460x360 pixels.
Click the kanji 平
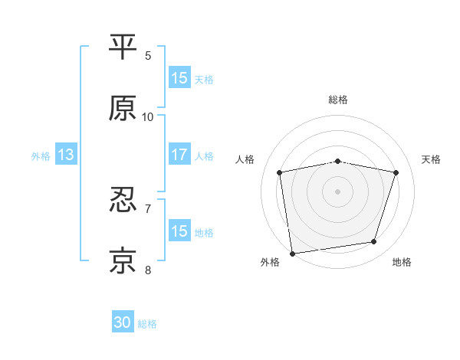(x=123, y=47)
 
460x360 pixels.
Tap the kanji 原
(x=123, y=109)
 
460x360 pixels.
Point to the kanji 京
(x=123, y=261)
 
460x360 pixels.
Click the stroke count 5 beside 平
(x=148, y=55)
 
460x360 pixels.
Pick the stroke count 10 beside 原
(x=148, y=116)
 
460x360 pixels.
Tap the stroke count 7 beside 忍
(x=148, y=208)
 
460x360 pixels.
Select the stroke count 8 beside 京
(x=148, y=269)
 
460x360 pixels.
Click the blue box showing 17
(x=179, y=155)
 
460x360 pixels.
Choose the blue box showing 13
(x=66, y=155)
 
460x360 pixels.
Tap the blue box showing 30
(x=123, y=323)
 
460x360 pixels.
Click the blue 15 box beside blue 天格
(x=179, y=78)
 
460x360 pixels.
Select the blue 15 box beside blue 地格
(x=179, y=231)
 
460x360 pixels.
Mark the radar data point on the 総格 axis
(x=338, y=161)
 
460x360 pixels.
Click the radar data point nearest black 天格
(x=396, y=172)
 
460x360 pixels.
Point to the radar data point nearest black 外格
(x=292, y=253)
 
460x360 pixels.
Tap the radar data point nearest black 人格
(x=280, y=172)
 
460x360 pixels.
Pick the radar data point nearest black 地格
(x=374, y=242)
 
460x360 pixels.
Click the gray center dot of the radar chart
(x=338, y=191)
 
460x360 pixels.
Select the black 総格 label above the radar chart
(x=338, y=100)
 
